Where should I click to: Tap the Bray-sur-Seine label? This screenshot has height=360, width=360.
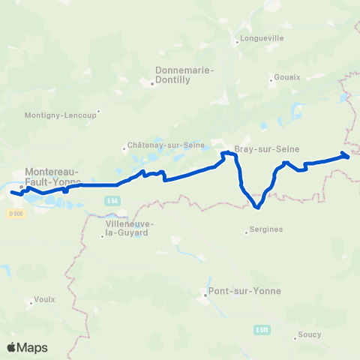coord(257,148)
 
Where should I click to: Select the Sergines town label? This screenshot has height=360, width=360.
coord(267,229)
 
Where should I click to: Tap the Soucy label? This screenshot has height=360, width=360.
coord(309,336)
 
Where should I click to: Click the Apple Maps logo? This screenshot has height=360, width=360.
coord(27,347)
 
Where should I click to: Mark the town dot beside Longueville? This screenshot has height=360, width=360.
coord(237,42)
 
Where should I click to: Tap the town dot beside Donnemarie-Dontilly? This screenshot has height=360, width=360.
coord(152,83)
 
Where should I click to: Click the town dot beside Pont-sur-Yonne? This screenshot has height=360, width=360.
coord(205,295)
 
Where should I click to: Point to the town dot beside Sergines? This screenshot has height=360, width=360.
coord(247,232)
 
